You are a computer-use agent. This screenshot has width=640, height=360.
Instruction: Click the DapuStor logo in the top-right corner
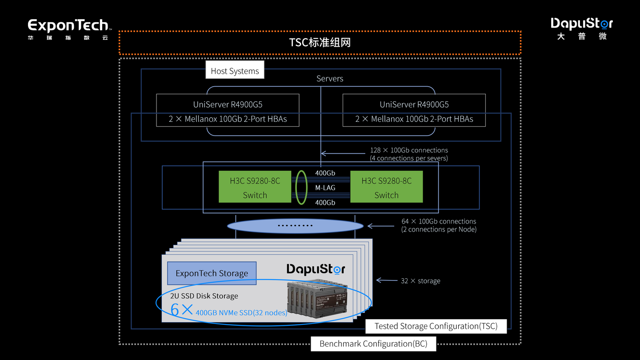pos(581,28)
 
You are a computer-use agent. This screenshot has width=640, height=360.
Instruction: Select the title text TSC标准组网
pos(320,43)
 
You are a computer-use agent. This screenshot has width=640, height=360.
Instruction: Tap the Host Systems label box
pos(235,71)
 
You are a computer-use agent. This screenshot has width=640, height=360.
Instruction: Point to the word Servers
pos(330,79)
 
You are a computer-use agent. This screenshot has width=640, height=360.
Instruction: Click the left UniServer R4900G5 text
pos(228,104)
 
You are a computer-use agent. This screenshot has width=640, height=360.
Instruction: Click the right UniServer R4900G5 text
pos(414,104)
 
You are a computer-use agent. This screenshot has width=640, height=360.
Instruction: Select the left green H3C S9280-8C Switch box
pos(255,187)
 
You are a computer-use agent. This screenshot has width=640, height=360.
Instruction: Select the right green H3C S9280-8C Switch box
pos(386,187)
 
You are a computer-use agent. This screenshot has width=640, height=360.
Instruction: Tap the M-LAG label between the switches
pos(325,188)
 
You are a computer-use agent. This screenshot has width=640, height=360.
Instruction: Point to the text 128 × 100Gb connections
pos(409,150)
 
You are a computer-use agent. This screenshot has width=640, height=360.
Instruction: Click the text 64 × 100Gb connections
pos(439,221)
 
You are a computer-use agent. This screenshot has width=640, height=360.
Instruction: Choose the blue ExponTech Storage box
pos(212,273)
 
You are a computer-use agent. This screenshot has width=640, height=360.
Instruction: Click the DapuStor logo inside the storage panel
pos(316,269)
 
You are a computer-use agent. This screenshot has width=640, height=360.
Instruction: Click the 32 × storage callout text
pos(420,281)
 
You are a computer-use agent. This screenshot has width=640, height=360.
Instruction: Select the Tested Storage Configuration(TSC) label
pos(436,326)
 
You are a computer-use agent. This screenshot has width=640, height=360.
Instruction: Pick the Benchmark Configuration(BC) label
pos(373,344)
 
